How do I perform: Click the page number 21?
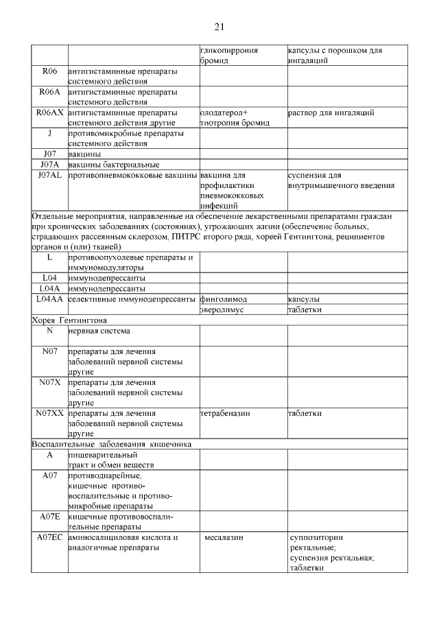pos(219,27)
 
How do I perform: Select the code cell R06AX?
pos(50,112)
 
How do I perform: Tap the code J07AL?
pos(50,175)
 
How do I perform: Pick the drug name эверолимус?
pos(222,309)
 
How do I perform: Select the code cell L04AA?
pos(50,299)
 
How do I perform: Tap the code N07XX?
pos(50,413)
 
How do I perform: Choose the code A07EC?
pos(50,537)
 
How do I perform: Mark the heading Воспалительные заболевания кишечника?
pos(112,444)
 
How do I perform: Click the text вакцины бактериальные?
pos(114,164)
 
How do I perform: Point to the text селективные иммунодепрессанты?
pos(132,299)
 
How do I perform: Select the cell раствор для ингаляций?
pos(331,112)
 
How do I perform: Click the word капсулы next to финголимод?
pos(304,299)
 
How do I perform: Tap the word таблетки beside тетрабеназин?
pos(305,413)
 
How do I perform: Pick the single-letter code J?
pos(50,132)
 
